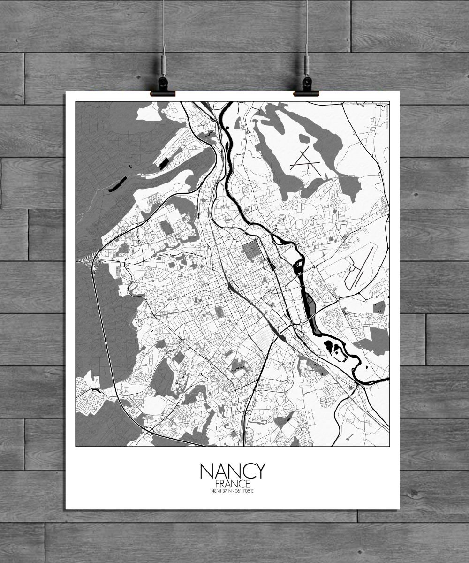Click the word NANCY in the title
point(233,471)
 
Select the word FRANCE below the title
point(233,484)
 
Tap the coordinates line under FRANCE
point(233,491)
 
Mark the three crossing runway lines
point(305,162)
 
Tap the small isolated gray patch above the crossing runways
point(304,139)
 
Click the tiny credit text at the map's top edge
point(366,104)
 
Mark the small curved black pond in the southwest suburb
point(96,390)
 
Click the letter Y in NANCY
point(259,471)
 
